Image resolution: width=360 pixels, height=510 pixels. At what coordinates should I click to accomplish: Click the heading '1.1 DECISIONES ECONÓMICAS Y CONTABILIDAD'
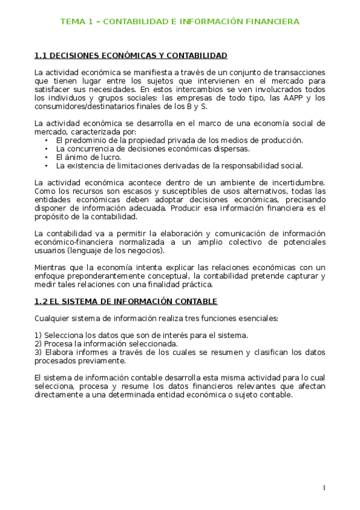coord(130,56)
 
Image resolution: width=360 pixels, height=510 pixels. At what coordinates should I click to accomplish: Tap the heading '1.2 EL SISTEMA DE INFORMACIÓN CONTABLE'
coord(126,301)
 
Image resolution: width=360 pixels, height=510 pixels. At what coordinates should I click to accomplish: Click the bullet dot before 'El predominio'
coord(46,141)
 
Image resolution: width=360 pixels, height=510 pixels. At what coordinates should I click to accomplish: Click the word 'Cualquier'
coord(53,318)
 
